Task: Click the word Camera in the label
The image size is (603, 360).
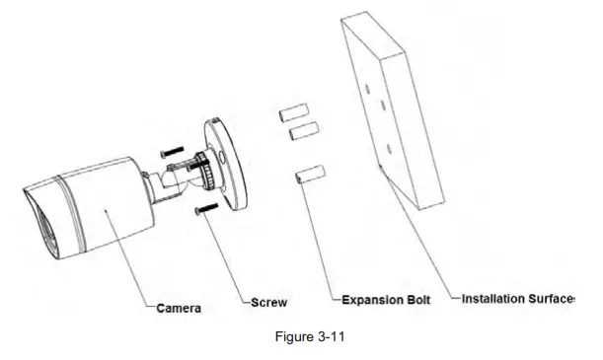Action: [179, 309]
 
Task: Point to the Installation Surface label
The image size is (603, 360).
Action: [518, 298]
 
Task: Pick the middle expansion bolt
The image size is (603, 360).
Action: [301, 131]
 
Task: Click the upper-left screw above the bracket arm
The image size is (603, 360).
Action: [169, 150]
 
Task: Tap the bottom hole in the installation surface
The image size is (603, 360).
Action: [389, 149]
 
